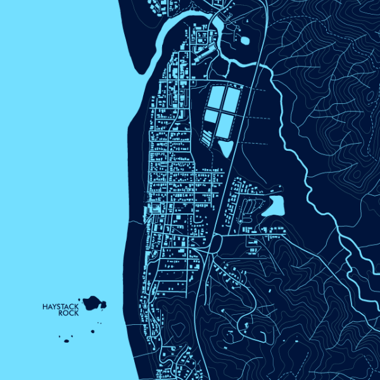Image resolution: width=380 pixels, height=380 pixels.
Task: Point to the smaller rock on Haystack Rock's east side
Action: (x=103, y=305)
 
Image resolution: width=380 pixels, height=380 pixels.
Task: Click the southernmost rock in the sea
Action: (x=66, y=341)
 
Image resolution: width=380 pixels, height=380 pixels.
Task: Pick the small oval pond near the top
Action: (x=244, y=41)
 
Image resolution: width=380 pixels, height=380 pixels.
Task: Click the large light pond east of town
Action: (x=276, y=205)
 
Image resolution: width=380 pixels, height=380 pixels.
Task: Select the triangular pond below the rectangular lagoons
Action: (x=225, y=148)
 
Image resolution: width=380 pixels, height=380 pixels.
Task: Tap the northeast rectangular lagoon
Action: (x=231, y=98)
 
